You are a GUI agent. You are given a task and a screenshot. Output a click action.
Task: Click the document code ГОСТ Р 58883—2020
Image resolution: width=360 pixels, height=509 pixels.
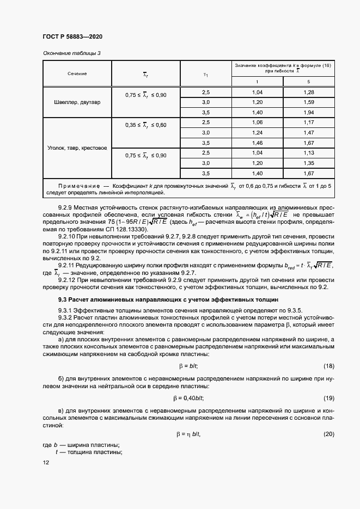72,36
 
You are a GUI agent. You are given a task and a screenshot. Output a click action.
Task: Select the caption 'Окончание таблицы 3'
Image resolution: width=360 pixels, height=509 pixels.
71,53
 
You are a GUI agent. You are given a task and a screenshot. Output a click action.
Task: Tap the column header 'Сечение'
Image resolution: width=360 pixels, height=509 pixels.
77,73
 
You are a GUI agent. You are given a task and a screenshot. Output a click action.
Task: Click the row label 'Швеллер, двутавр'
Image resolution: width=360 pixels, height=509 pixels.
77,102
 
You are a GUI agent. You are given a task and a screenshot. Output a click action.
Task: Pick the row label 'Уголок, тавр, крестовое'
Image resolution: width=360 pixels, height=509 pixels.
77,148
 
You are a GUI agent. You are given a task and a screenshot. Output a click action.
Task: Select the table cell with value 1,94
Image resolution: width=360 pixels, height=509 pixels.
309,112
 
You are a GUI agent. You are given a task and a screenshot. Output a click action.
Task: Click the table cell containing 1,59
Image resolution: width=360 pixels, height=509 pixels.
309,102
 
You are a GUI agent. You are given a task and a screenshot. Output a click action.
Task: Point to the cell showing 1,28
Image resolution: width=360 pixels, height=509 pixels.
309,92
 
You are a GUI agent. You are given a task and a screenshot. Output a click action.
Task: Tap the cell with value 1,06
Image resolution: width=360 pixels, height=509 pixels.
258,122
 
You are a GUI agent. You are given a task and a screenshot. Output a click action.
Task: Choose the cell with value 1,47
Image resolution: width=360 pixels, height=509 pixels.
309,132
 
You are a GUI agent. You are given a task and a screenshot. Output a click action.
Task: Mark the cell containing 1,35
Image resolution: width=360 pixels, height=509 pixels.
309,163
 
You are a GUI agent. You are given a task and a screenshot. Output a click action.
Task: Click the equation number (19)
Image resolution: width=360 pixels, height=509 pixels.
328,397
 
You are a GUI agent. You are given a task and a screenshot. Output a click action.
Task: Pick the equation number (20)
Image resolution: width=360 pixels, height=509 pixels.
328,434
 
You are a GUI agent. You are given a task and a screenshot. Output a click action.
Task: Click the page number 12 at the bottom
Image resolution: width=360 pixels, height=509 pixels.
45,462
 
